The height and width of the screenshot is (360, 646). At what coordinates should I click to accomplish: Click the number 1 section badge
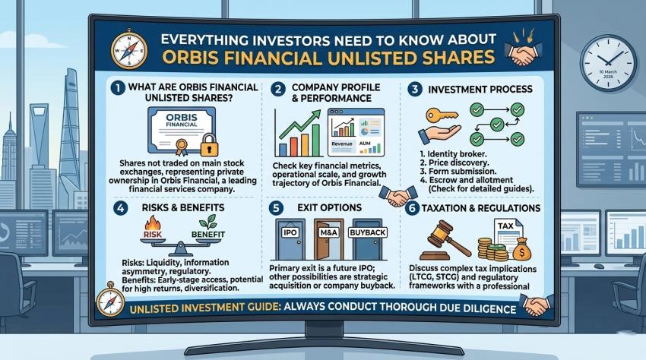point(116,87)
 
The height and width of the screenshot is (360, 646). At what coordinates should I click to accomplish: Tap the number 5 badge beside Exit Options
point(278,207)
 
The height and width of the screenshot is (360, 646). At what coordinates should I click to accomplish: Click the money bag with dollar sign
point(521,248)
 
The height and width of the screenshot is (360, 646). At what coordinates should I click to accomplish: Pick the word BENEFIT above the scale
point(207,235)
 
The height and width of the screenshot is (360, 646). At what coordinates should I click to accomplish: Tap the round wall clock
point(608,63)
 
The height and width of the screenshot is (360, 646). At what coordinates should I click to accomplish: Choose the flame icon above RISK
point(150,223)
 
